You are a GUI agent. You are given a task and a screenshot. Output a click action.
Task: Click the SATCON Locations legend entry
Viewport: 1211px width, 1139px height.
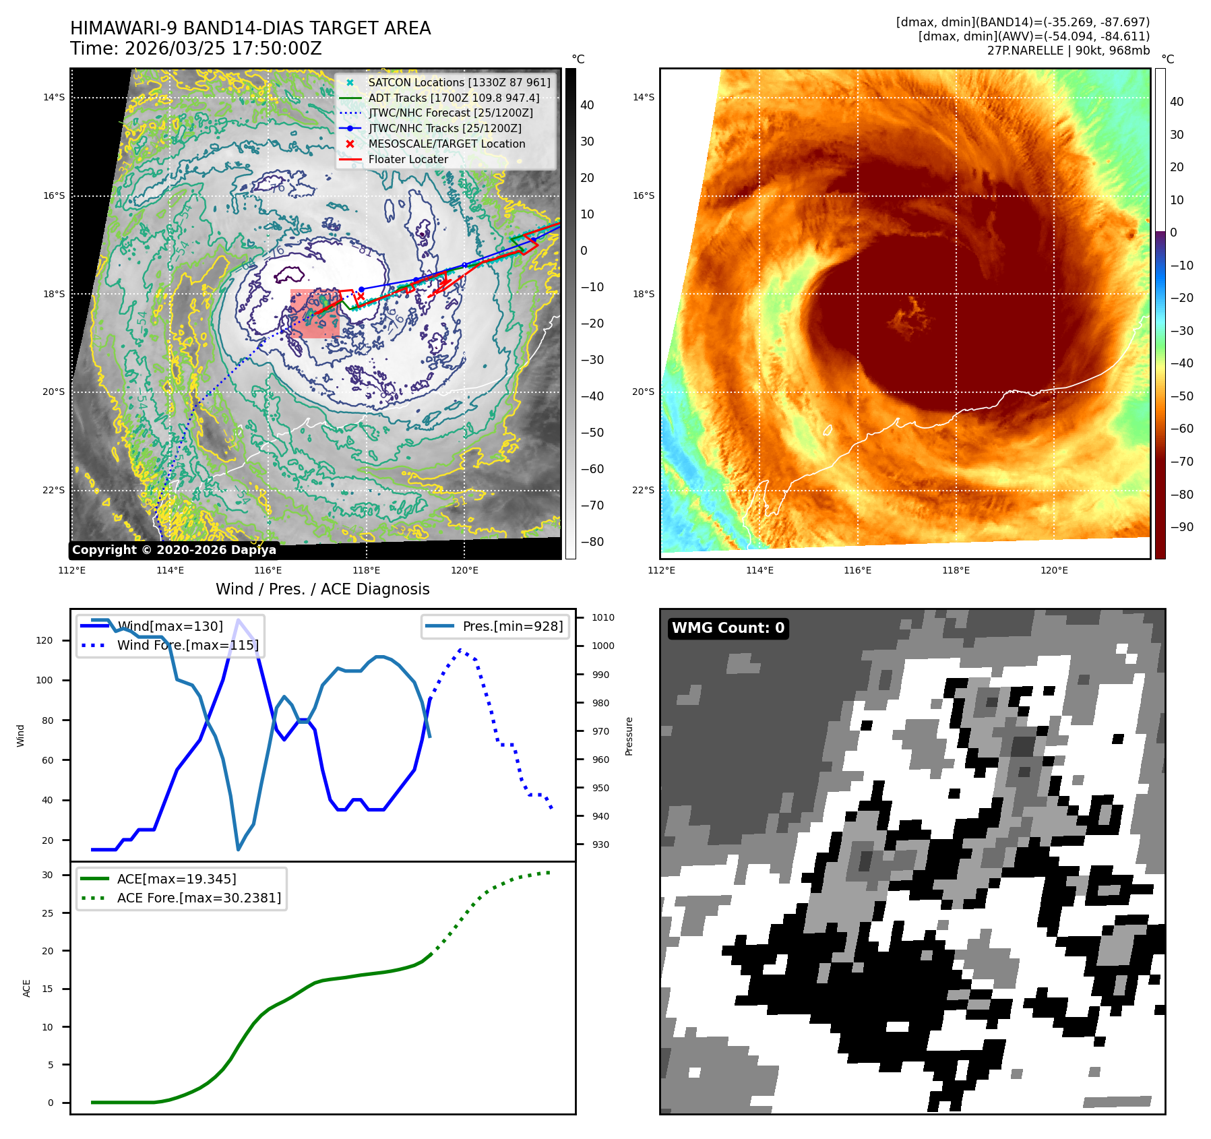click(x=458, y=82)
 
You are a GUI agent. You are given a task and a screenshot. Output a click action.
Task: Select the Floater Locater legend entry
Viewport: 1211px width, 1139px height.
click(x=408, y=159)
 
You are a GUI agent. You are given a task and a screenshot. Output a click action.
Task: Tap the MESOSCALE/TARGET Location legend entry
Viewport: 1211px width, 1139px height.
click(x=446, y=144)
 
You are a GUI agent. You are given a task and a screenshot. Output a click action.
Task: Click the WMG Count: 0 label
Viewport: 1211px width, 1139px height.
click(x=728, y=628)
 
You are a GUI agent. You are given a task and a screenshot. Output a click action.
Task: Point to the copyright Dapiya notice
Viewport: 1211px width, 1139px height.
click(x=174, y=550)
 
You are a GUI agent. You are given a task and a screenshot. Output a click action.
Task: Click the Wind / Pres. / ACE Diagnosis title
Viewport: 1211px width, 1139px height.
click(x=322, y=589)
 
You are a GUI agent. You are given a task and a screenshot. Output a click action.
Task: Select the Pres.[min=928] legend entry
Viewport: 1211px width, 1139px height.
click(x=512, y=626)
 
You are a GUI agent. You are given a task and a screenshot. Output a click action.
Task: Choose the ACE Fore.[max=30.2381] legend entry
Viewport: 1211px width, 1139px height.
click(x=199, y=898)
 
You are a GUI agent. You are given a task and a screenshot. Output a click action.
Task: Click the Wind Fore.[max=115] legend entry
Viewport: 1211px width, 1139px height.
click(x=187, y=645)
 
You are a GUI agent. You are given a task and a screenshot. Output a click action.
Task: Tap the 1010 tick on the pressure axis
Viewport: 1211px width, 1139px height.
click(x=602, y=617)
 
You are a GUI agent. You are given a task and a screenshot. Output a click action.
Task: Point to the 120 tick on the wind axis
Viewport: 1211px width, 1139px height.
click(x=44, y=640)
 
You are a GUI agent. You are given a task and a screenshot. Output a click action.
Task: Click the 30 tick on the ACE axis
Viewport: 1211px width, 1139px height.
click(x=47, y=875)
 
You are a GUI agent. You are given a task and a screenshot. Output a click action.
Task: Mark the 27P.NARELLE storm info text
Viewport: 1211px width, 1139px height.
click(x=1068, y=51)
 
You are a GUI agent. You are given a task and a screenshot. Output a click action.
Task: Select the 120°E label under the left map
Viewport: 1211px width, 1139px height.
click(x=464, y=570)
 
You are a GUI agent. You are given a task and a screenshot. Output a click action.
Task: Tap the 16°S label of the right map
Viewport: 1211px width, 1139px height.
click(x=643, y=195)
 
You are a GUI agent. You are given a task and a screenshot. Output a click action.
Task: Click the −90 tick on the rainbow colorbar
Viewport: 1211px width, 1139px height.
click(x=1181, y=527)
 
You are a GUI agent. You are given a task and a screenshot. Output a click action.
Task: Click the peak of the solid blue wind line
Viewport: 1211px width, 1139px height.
click(x=238, y=619)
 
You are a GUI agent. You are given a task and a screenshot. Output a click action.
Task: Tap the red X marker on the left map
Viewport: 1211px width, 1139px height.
click(x=361, y=297)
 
